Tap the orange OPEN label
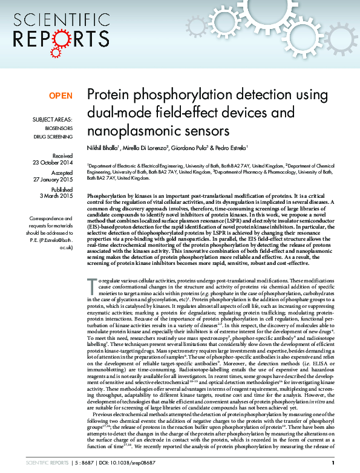pyautogui.click(x=61, y=96)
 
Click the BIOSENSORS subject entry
pyautogui.click(x=59, y=129)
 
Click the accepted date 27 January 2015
pyautogui.click(x=53, y=180)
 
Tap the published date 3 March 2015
pyautogui.click(x=56, y=196)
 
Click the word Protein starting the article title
pyautogui.click(x=106, y=95)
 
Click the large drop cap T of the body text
pyautogui.click(x=91, y=284)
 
